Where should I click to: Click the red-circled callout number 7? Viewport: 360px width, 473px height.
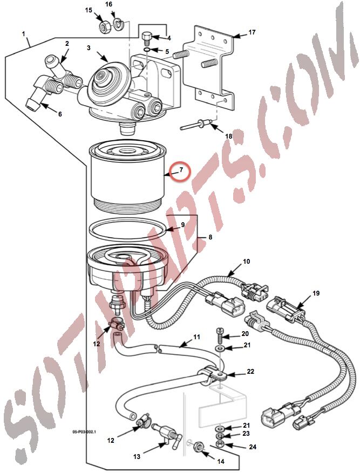pyautogui.click(x=181, y=170)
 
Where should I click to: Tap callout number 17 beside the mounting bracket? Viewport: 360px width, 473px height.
pyautogui.click(x=252, y=32)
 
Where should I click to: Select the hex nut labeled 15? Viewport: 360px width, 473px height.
pyautogui.click(x=105, y=28)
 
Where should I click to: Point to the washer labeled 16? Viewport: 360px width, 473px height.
pyautogui.click(x=118, y=25)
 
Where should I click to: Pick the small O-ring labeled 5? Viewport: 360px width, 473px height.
pyautogui.click(x=146, y=50)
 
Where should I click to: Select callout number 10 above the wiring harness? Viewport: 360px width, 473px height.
pyautogui.click(x=246, y=261)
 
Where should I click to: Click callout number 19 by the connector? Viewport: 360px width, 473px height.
pyautogui.click(x=316, y=293)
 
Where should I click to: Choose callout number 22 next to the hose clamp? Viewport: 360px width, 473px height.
pyautogui.click(x=250, y=372)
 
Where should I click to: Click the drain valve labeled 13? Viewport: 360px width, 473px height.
pyautogui.click(x=167, y=434)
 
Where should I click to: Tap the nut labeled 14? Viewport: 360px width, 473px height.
pyautogui.click(x=199, y=446)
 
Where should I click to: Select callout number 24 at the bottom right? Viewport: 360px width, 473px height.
pyautogui.click(x=253, y=447)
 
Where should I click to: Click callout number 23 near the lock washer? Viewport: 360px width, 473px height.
pyautogui.click(x=246, y=434)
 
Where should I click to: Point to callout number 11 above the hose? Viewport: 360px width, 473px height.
pyautogui.click(x=196, y=337)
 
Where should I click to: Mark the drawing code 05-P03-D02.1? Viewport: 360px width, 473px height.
pyautogui.click(x=84, y=431)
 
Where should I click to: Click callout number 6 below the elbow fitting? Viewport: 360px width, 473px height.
pyautogui.click(x=60, y=114)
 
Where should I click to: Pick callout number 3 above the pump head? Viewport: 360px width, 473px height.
pyautogui.click(x=89, y=48)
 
